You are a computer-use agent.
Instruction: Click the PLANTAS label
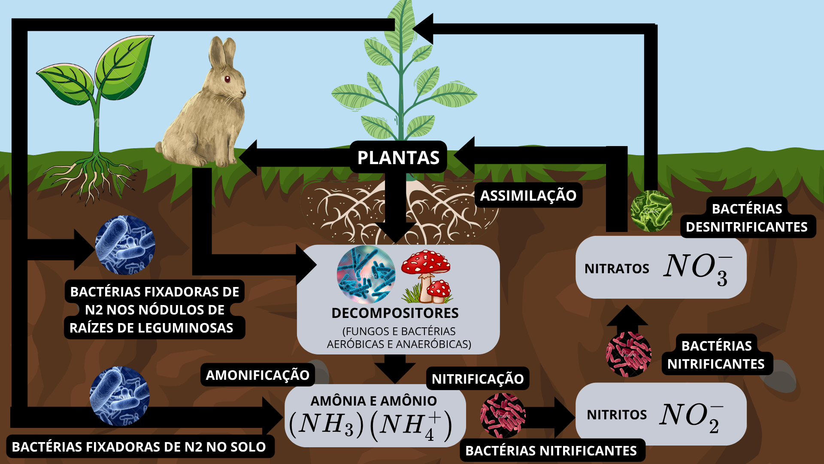pos(398,157)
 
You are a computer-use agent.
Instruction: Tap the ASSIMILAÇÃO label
pos(528,195)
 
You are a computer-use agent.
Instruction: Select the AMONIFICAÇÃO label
pos(257,375)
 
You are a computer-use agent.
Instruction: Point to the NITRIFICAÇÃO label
pos(478,379)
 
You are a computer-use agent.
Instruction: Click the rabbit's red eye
pos(227,79)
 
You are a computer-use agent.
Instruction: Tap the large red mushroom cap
pos(425,262)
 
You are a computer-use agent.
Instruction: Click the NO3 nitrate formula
pos(697,268)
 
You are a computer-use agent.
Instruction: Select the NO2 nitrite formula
pos(691,417)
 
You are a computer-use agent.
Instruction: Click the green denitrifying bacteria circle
pos(651,211)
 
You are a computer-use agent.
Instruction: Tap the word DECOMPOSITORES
pos(395,313)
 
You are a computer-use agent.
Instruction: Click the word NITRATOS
pos(617,269)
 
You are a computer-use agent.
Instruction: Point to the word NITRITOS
pos(617,415)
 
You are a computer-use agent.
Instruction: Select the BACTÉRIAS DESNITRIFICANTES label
pos(747,218)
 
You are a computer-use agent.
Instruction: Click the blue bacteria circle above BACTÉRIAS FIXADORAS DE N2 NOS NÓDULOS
pos(125,245)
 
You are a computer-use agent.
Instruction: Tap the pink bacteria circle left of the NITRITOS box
pos(503,415)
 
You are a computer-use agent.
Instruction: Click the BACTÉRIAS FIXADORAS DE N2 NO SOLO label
pos(139,447)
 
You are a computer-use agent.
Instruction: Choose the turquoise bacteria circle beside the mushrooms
pos(366,275)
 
